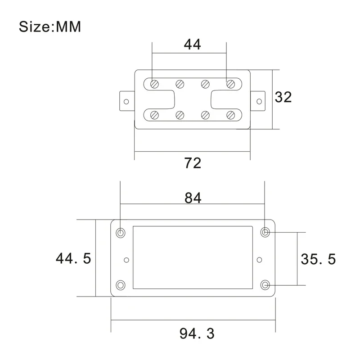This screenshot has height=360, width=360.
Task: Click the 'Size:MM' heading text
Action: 50,27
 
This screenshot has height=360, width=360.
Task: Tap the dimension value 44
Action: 193,44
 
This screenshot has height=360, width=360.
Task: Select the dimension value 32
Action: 283,97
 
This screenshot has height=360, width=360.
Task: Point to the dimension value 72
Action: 193,163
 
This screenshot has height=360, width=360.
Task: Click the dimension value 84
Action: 193,198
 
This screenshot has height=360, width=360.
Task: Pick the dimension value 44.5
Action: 73,258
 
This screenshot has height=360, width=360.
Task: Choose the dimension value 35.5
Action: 318,259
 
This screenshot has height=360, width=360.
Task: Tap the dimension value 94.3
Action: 197,333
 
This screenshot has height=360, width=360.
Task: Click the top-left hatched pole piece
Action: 154,84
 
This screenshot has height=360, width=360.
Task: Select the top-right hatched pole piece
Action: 230,84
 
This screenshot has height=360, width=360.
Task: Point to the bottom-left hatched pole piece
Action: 154,115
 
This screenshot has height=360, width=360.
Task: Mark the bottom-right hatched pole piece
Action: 230,115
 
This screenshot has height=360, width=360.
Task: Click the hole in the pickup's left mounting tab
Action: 126,102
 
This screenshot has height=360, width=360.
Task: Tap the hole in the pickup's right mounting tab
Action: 259,101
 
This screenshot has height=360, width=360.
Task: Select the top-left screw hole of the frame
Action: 121,233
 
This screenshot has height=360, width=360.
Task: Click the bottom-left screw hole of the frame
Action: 121,285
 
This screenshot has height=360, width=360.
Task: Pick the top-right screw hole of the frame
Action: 265,232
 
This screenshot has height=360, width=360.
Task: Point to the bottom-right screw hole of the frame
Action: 265,285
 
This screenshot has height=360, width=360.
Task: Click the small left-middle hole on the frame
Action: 126,260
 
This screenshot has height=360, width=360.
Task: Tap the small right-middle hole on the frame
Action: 259,260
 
